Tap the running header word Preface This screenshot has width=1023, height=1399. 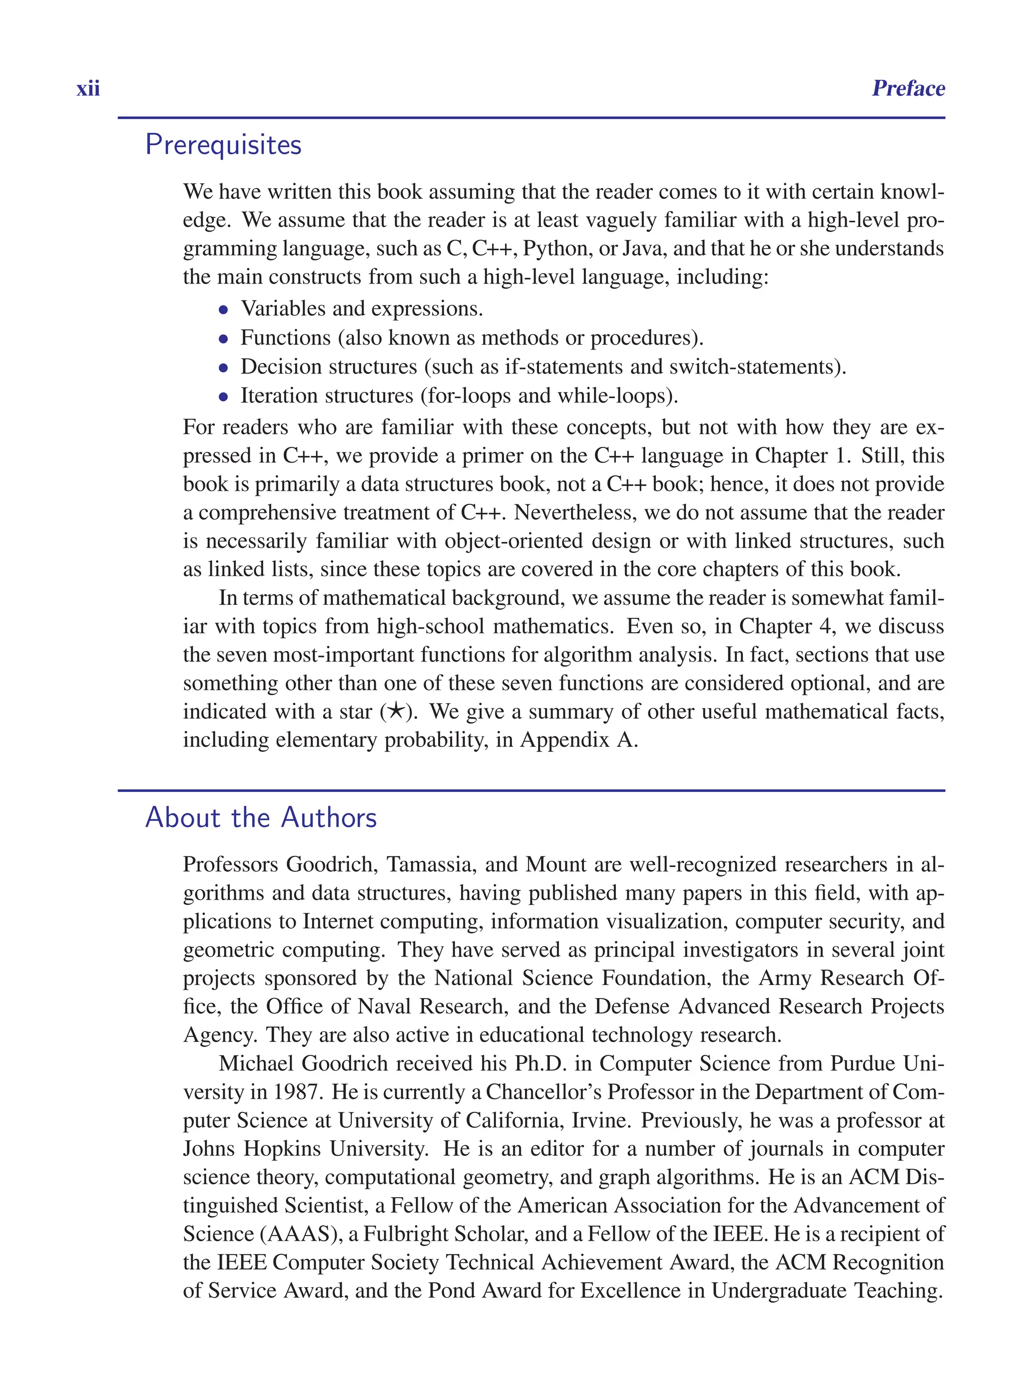point(908,88)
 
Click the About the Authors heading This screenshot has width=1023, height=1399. point(261,818)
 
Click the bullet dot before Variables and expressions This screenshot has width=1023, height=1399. point(224,310)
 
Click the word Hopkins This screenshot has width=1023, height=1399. point(282,1148)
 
